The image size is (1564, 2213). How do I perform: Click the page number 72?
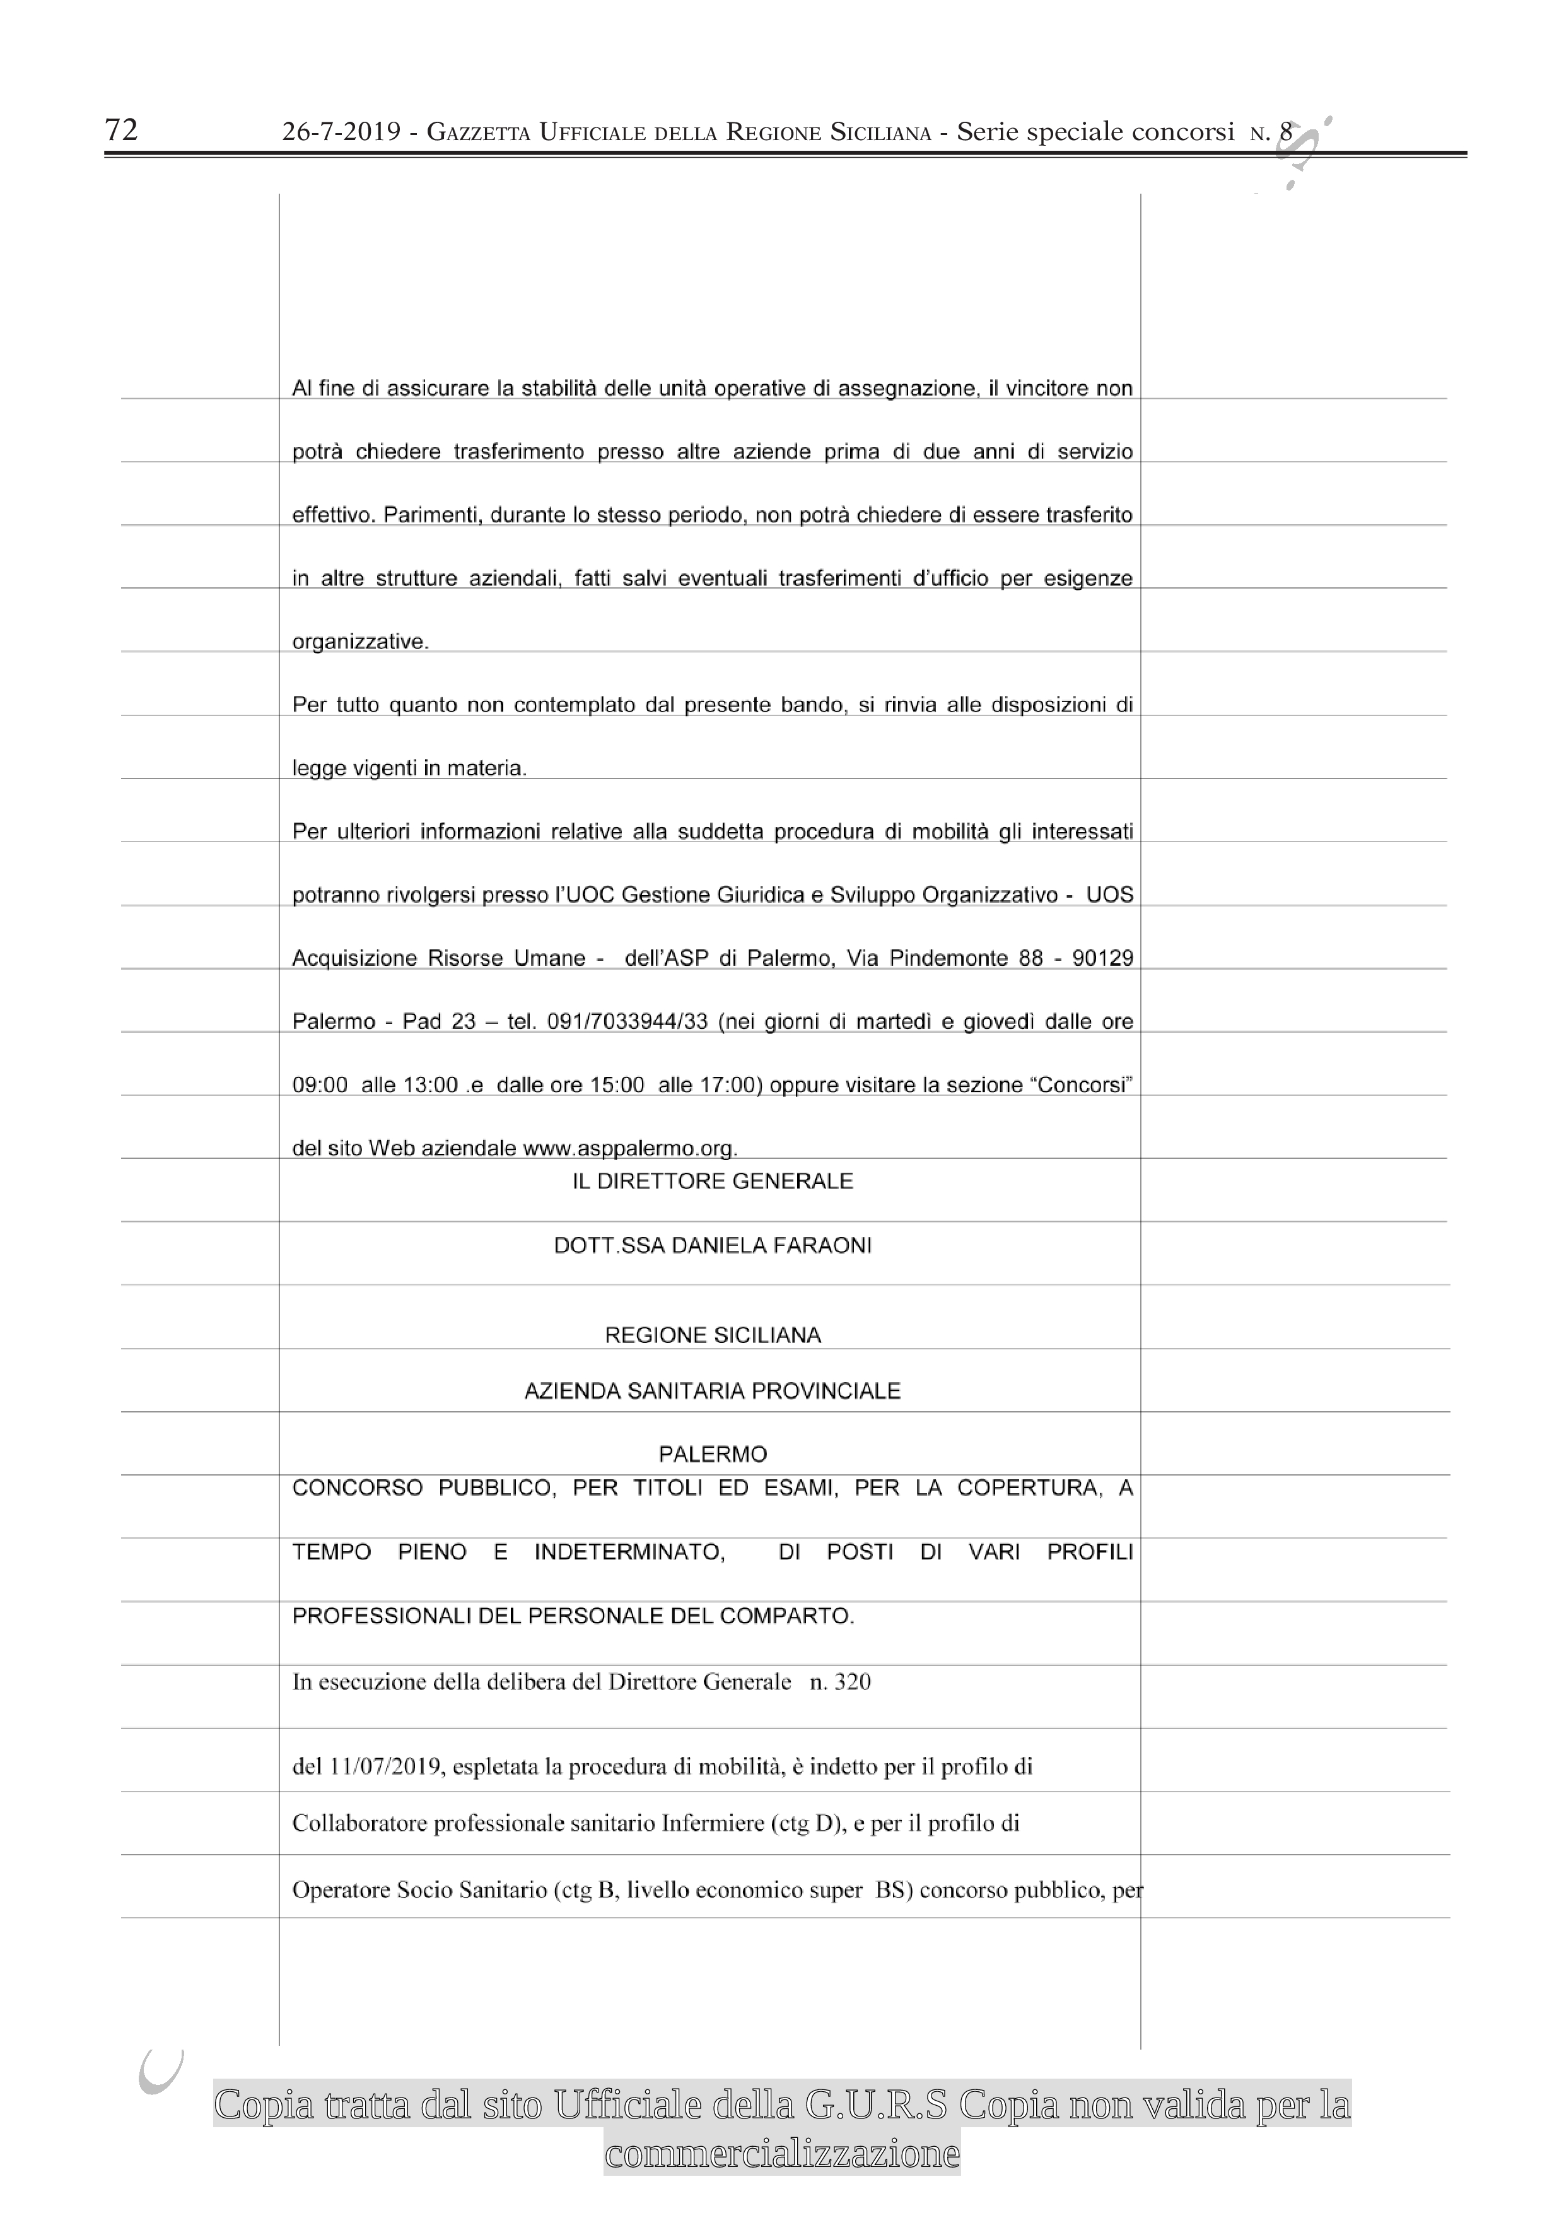(x=122, y=129)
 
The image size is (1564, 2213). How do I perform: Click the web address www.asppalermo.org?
(x=629, y=1148)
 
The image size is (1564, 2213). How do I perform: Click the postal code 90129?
(x=1102, y=958)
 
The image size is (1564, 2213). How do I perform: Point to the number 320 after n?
(x=852, y=1682)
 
